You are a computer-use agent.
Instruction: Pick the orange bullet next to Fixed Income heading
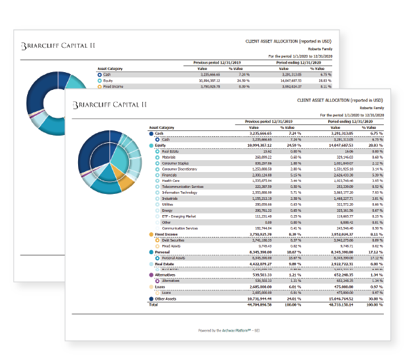[152, 234]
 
